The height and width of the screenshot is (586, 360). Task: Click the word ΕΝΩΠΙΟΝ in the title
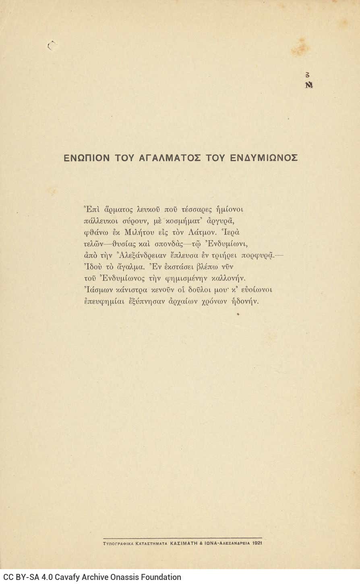pyautogui.click(x=87, y=158)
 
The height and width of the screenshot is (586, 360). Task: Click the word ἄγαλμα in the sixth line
pyautogui.click(x=130, y=267)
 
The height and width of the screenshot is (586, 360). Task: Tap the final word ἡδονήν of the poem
pyautogui.click(x=245, y=301)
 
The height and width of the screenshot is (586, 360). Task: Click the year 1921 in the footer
pyautogui.click(x=257, y=543)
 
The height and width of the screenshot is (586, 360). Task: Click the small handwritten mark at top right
pyautogui.click(x=309, y=80)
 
